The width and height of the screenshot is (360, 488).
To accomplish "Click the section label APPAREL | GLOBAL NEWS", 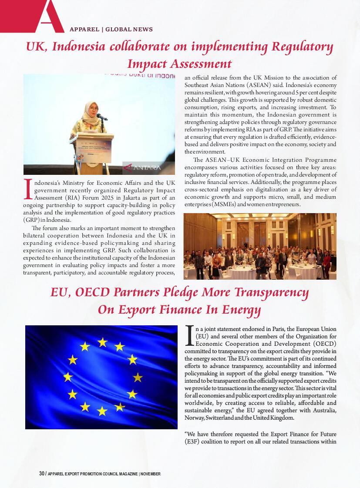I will pyautogui.click(x=111, y=30).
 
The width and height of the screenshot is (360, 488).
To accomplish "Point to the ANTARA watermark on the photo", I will pyautogui.click(x=142, y=167).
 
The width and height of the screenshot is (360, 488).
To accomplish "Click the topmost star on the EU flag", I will pyautogui.click(x=102, y=342).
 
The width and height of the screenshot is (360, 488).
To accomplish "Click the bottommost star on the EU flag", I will pyautogui.click(x=102, y=411).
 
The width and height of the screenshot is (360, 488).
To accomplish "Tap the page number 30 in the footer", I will pyautogui.click(x=42, y=474).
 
